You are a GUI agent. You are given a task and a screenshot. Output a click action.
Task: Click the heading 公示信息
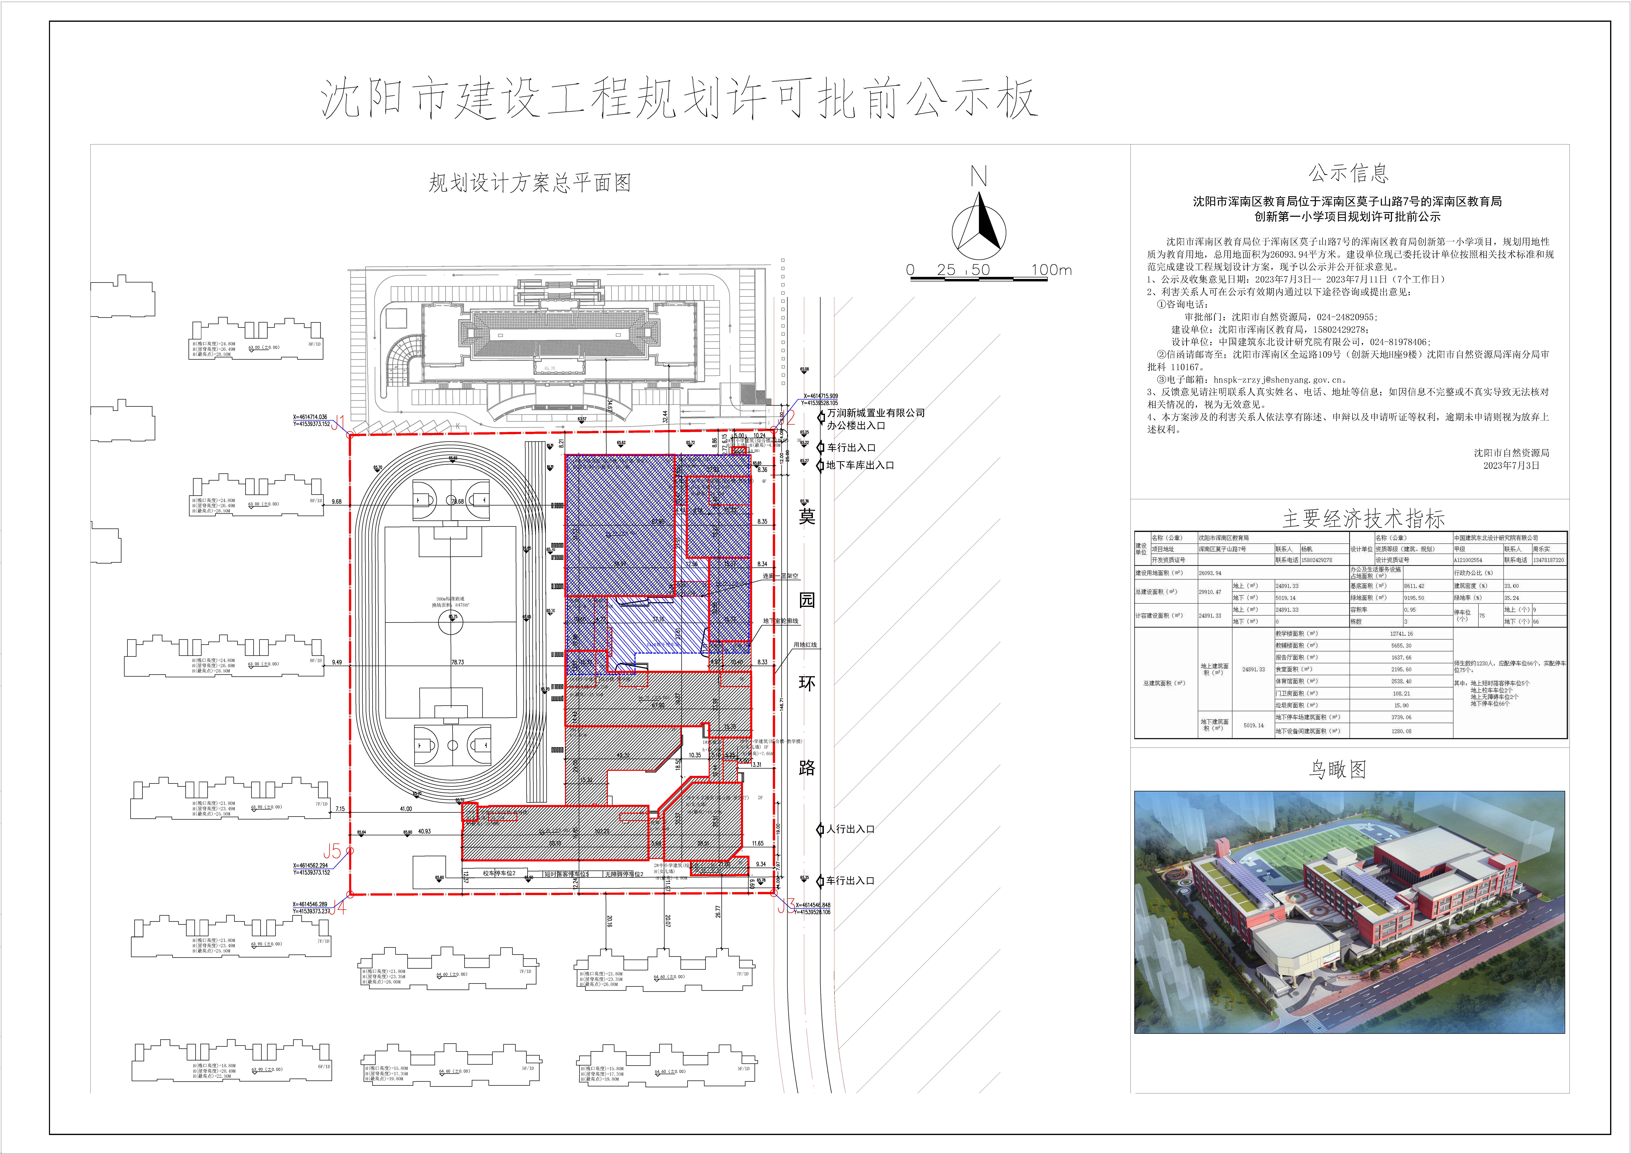click(x=1348, y=173)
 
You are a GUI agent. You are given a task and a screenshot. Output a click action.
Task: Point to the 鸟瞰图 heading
click(x=1338, y=769)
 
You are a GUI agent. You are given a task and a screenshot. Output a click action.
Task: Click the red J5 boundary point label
click(x=332, y=851)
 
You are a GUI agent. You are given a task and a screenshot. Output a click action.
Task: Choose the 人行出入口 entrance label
click(x=850, y=829)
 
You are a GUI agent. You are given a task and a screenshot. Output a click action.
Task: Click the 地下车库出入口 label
click(x=860, y=465)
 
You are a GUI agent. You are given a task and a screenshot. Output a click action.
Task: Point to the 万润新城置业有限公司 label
click(x=875, y=413)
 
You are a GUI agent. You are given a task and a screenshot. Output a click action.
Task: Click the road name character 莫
click(x=807, y=517)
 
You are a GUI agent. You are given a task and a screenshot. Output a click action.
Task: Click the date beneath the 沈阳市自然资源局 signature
click(x=1511, y=465)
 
